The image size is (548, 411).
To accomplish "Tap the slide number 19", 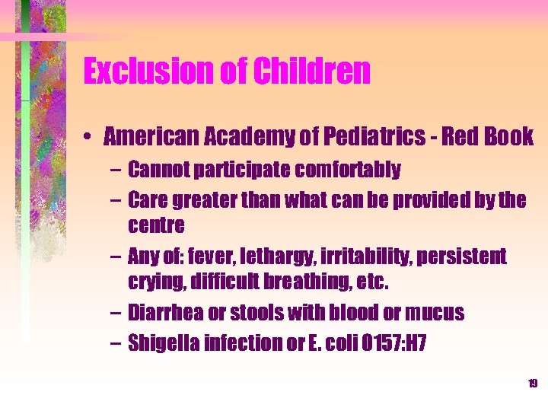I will tap(532, 384).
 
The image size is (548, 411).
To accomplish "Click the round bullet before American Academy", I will tap(90, 138).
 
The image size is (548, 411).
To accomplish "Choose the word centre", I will tap(156, 225).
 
